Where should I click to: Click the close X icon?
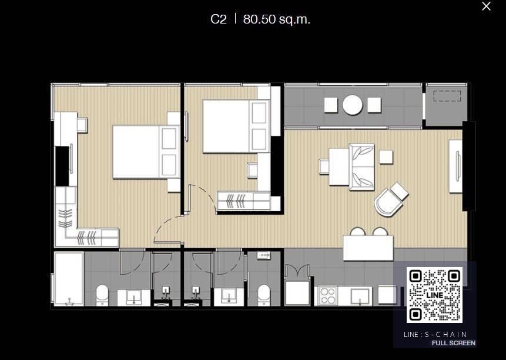coord(486,6)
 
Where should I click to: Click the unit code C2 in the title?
coord(219,19)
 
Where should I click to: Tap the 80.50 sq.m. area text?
coord(277,19)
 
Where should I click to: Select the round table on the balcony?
coord(353,105)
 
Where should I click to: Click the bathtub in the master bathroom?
coord(69,278)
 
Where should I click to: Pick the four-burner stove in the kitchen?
coord(327,296)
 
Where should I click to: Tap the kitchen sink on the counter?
coord(360,296)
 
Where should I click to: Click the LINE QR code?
coord(434,295)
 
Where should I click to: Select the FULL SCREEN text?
coord(453,343)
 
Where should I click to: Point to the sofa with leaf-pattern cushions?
coord(361,167)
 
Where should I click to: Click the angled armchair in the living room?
coord(391,199)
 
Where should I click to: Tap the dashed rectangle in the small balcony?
coord(447,96)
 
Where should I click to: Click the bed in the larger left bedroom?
coord(146,152)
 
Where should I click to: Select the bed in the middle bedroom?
coord(236,126)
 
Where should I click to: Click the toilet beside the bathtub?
coord(103,295)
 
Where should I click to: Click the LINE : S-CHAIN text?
coord(435,334)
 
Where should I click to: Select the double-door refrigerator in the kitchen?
coord(297,286)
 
